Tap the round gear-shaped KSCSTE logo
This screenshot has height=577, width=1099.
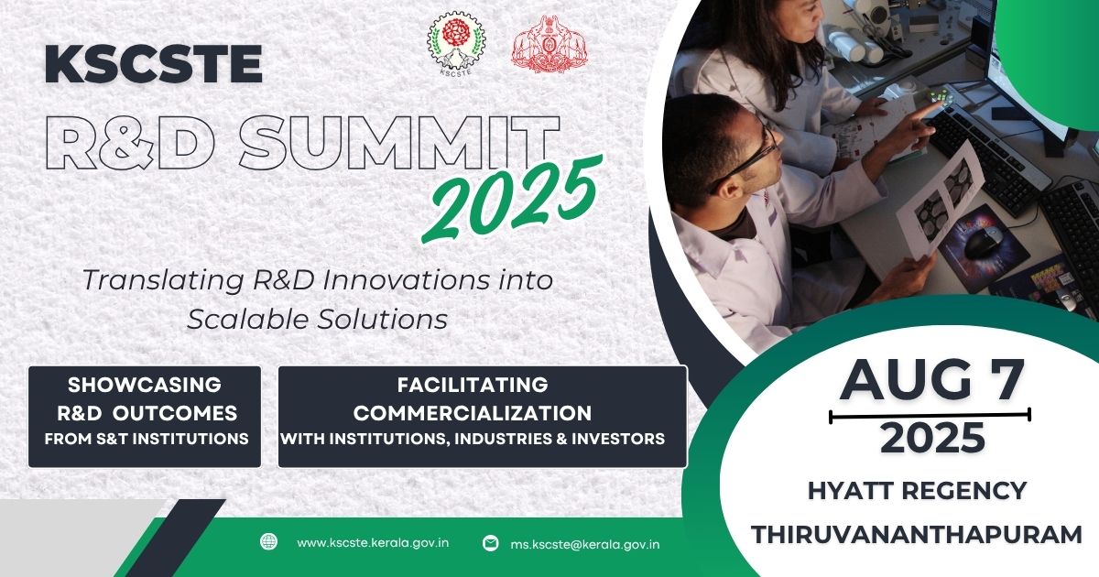(x=456, y=42)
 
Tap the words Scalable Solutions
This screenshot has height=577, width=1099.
(x=318, y=319)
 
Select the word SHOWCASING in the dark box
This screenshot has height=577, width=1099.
(x=145, y=385)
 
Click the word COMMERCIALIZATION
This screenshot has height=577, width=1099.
(x=473, y=412)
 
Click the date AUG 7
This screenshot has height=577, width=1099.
(x=931, y=380)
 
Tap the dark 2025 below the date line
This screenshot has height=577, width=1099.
(x=932, y=439)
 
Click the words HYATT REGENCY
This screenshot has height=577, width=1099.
(x=917, y=491)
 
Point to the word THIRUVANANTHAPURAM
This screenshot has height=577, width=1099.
(x=917, y=534)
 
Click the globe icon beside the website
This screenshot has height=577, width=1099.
(x=268, y=541)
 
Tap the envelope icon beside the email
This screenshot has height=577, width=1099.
(x=491, y=543)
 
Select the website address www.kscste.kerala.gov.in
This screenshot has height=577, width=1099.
(x=373, y=542)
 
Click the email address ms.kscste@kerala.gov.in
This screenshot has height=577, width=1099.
(x=584, y=544)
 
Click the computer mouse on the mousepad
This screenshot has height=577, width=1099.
(x=985, y=242)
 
